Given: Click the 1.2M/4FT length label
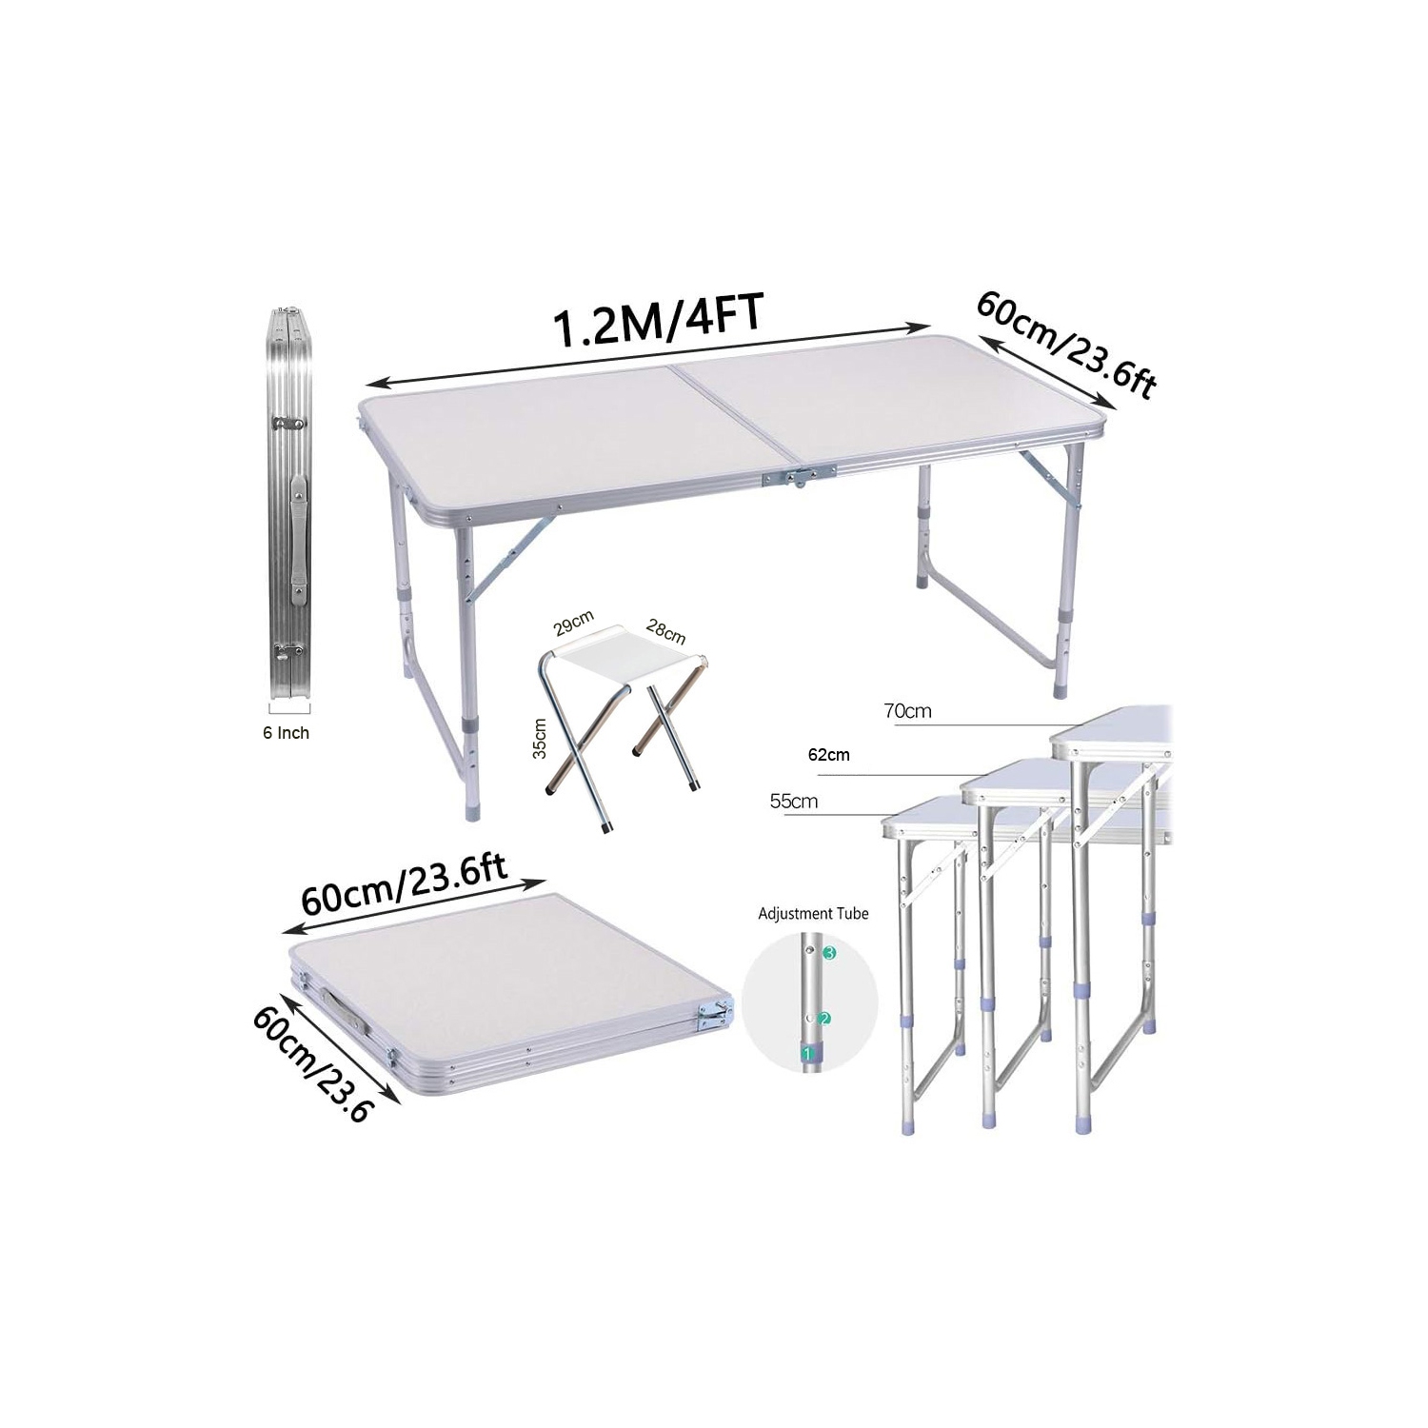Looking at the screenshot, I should click(658, 322).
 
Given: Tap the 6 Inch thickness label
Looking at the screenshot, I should click(286, 733).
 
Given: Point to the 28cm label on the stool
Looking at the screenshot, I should click(665, 631).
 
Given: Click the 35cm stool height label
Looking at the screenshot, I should click(540, 738).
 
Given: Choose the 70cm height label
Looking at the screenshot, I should click(907, 711).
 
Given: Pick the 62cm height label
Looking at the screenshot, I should click(828, 755).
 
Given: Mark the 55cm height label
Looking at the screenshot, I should click(793, 802).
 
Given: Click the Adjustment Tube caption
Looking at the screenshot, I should click(813, 914).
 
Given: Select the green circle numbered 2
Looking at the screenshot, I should click(824, 1019).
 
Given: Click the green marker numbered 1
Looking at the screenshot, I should click(807, 1054).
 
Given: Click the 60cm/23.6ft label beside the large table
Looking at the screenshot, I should click(1066, 345).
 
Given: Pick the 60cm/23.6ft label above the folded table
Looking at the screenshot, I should click(404, 881).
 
